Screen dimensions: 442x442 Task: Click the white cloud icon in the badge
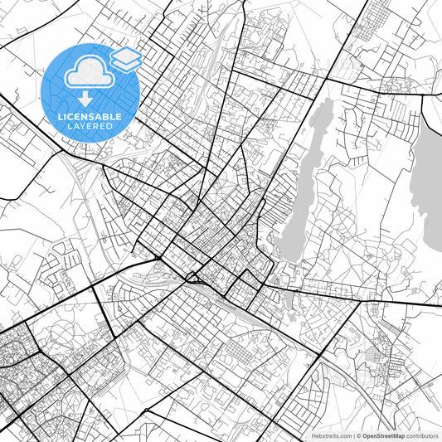(87, 74)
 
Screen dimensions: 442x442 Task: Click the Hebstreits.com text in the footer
(328, 435)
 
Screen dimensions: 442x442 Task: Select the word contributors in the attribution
(422, 435)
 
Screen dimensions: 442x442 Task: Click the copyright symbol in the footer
(357, 435)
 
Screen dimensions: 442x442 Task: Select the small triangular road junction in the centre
(192, 277)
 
